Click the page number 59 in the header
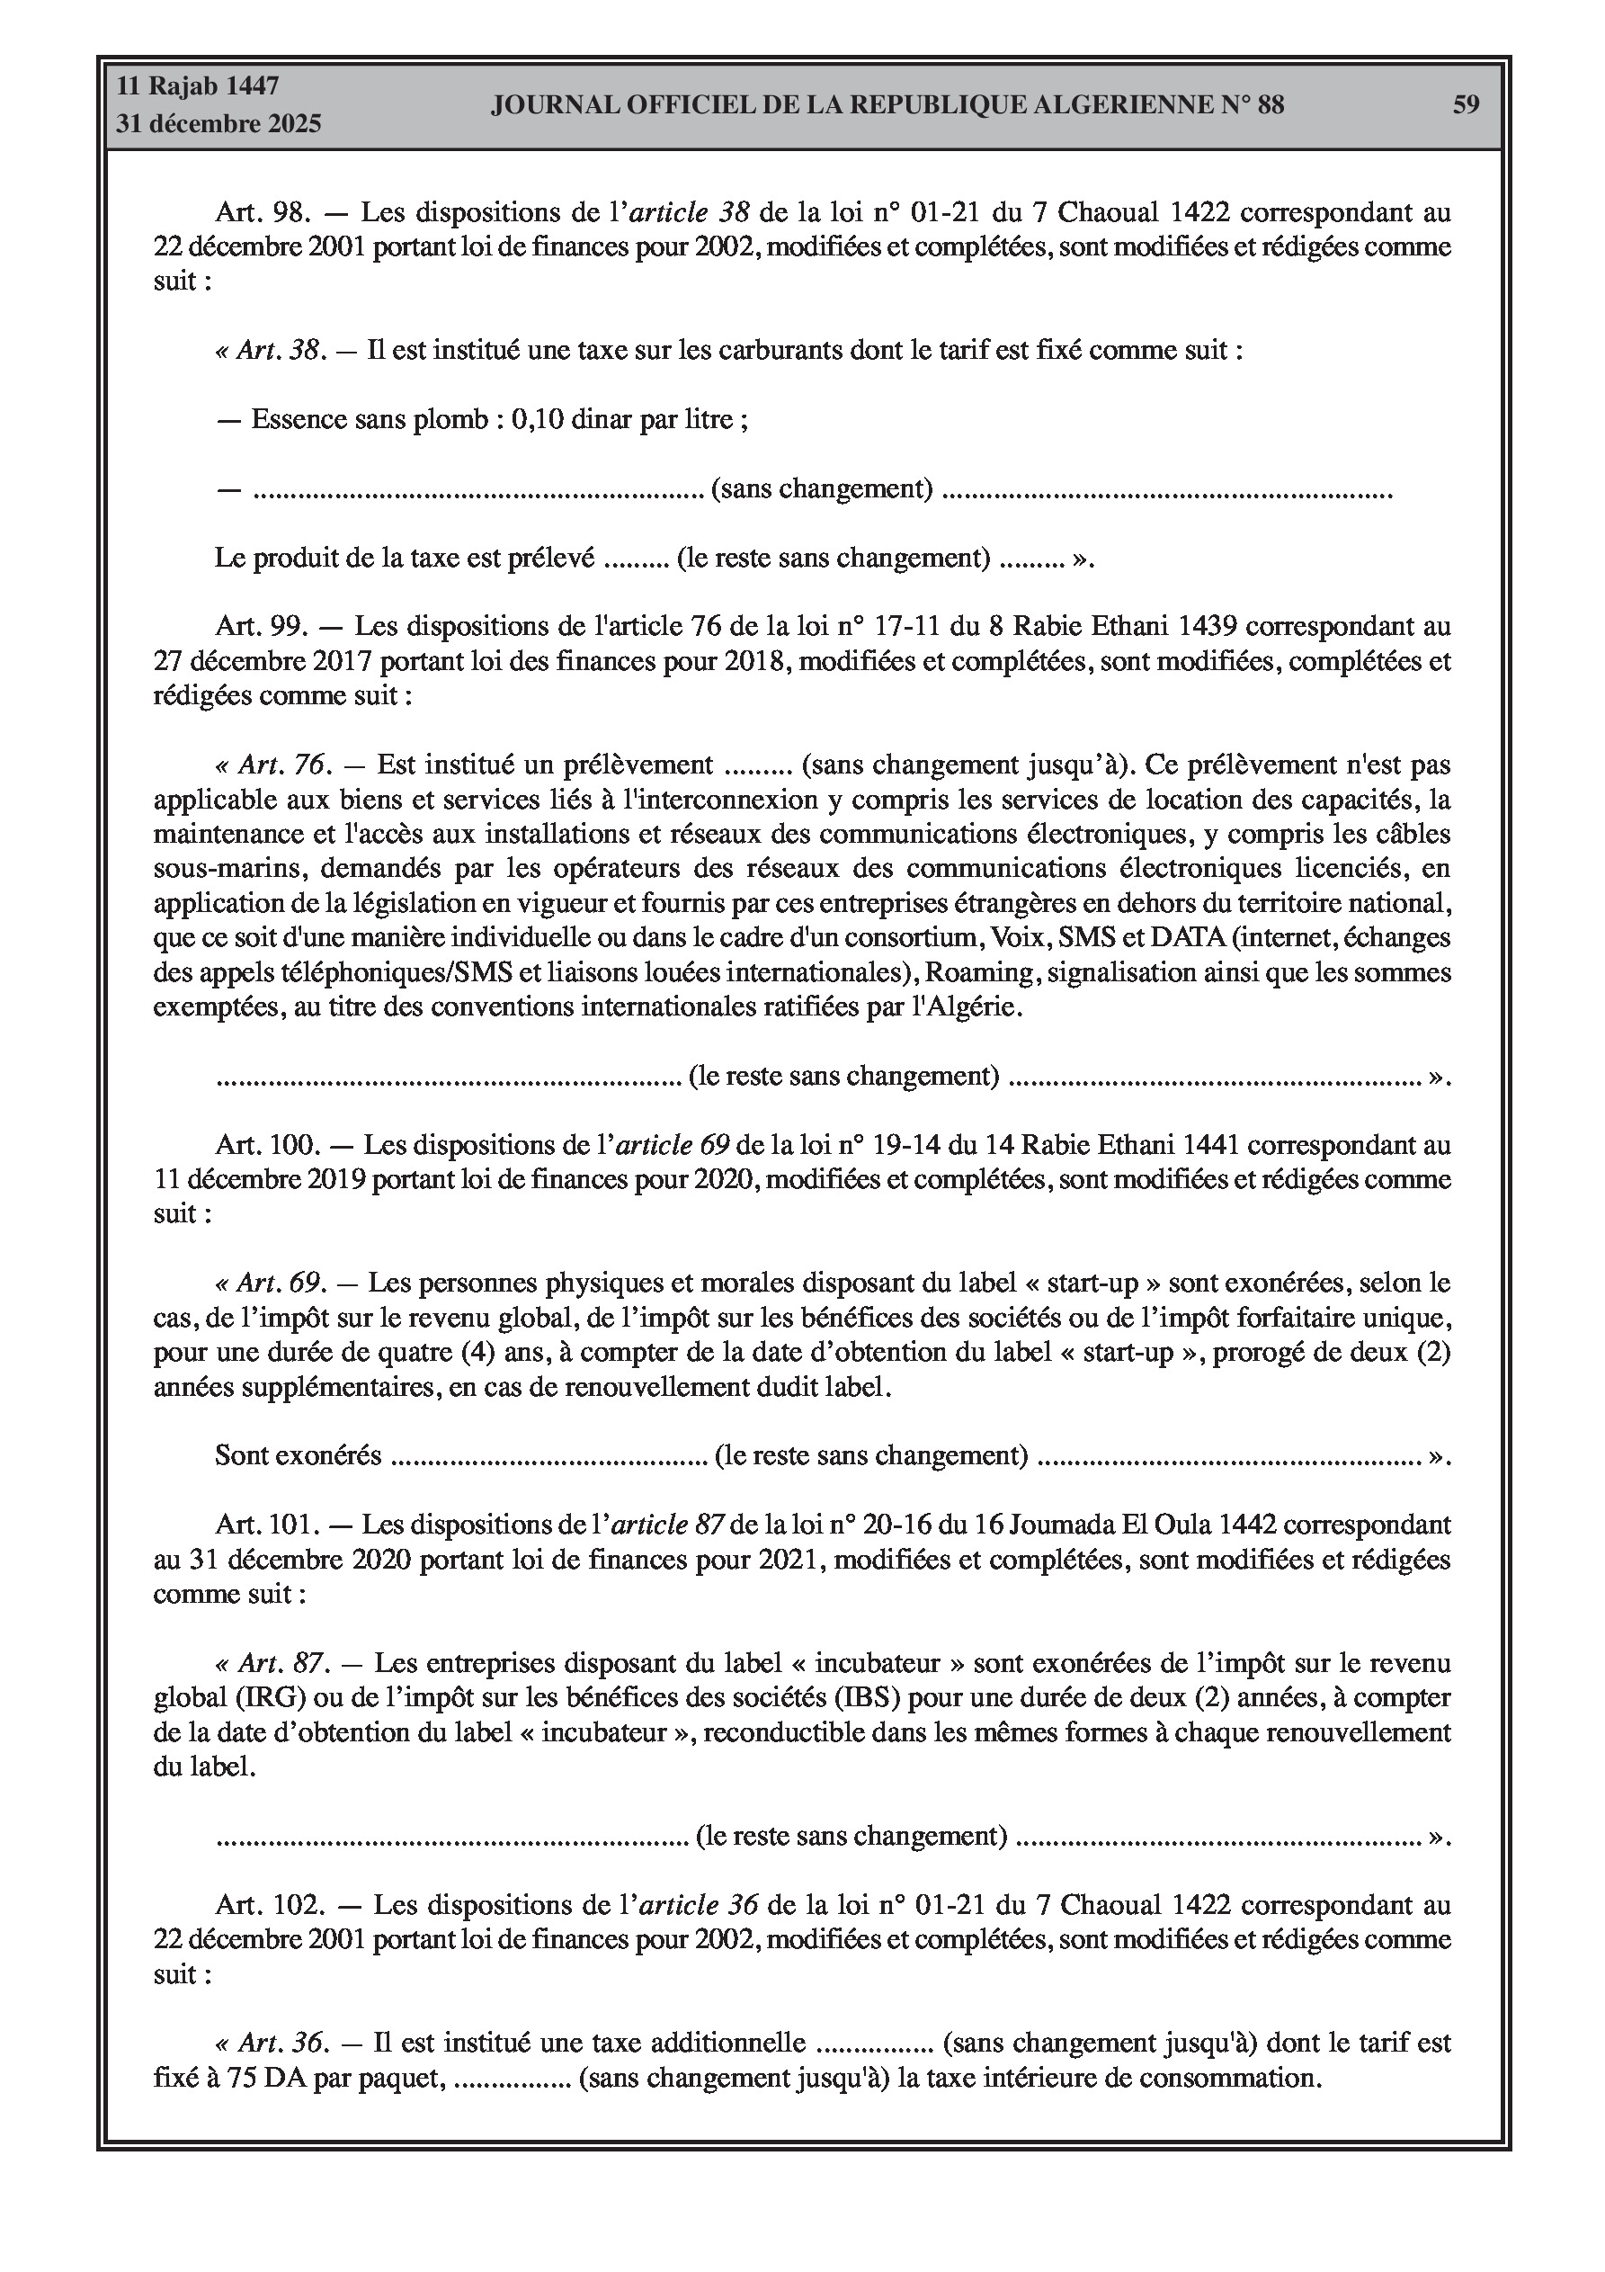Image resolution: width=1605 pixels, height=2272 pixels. click(x=1466, y=105)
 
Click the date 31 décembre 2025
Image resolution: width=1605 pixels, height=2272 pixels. click(x=218, y=124)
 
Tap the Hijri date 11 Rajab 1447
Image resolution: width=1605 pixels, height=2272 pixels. click(x=198, y=86)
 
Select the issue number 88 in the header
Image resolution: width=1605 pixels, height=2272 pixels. click(x=1271, y=105)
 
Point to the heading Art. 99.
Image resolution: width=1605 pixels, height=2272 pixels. click(x=263, y=626)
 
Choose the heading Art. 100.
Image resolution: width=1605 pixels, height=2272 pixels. click(x=268, y=1145)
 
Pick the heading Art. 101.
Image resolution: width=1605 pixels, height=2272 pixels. click(x=267, y=1525)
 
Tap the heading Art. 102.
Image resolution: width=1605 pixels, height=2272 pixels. click(x=269, y=1905)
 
